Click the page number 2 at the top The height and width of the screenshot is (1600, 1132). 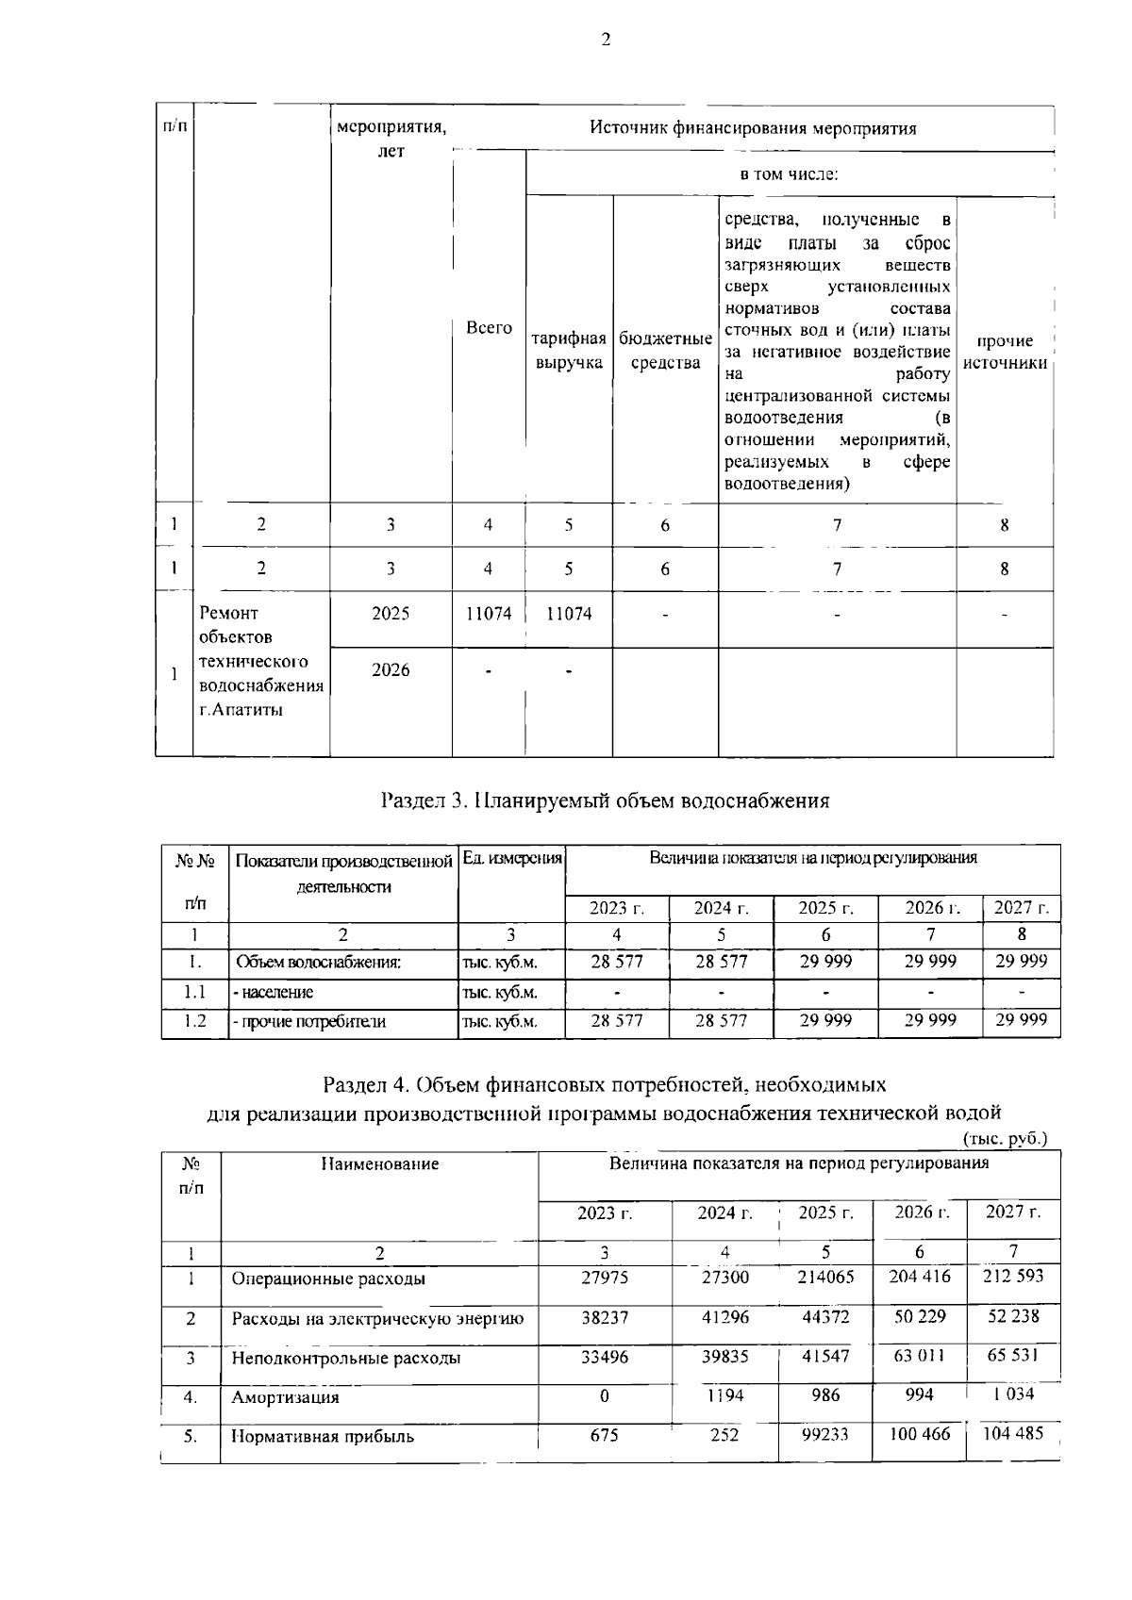tap(605, 40)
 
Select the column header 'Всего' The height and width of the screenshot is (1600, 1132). tap(489, 328)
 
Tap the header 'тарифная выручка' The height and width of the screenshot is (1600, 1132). tap(569, 351)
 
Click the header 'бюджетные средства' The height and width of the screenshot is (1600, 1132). tap(665, 351)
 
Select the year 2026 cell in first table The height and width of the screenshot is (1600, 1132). tap(391, 669)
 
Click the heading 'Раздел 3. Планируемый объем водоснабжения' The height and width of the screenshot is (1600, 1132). tap(605, 801)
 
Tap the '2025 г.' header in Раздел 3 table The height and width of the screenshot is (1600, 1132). tap(825, 909)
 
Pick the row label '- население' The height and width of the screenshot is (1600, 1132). tap(275, 992)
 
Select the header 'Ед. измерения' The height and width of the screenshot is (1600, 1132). tap(512, 859)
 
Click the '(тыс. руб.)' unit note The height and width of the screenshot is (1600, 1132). tap(1005, 1139)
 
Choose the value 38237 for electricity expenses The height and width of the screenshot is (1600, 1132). tap(605, 1318)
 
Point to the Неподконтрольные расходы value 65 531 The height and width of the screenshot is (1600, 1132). tap(1012, 1356)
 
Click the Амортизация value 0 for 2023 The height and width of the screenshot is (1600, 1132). tap(605, 1396)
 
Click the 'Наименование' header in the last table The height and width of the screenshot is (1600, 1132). tap(379, 1164)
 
